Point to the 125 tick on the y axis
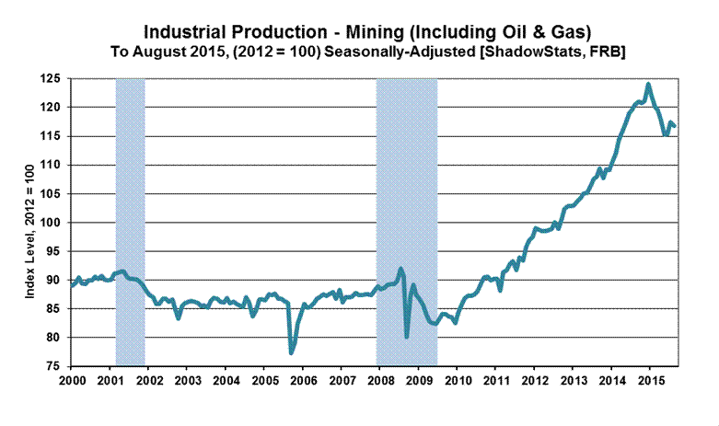(54, 79)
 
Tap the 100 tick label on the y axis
(54, 223)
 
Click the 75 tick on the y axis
(57, 366)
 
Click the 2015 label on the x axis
(651, 379)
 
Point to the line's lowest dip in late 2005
(292, 352)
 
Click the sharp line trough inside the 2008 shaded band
(407, 337)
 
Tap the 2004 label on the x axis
(226, 379)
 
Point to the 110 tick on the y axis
(54, 166)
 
